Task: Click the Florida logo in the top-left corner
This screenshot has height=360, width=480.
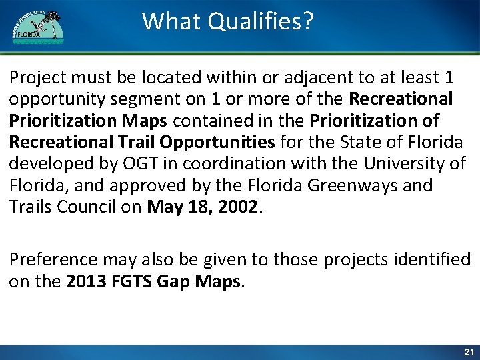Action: point(37,27)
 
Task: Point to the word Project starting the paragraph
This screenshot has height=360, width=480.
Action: point(35,78)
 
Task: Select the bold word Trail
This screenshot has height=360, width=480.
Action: point(139,142)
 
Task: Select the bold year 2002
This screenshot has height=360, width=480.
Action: point(238,206)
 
